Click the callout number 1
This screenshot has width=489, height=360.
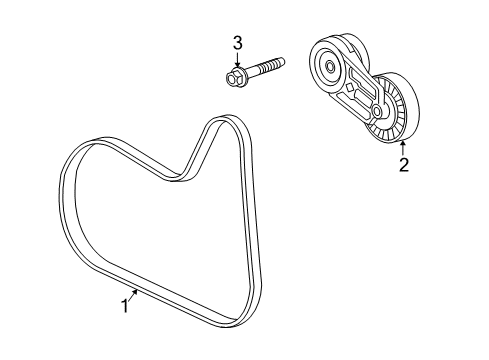pyautogui.click(x=125, y=307)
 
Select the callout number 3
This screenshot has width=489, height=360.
pyautogui.click(x=237, y=43)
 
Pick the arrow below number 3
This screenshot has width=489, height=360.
pyautogui.click(x=237, y=58)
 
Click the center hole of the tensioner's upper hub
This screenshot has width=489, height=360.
pyautogui.click(x=330, y=69)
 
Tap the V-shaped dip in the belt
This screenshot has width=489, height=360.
pyautogui.click(x=185, y=178)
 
